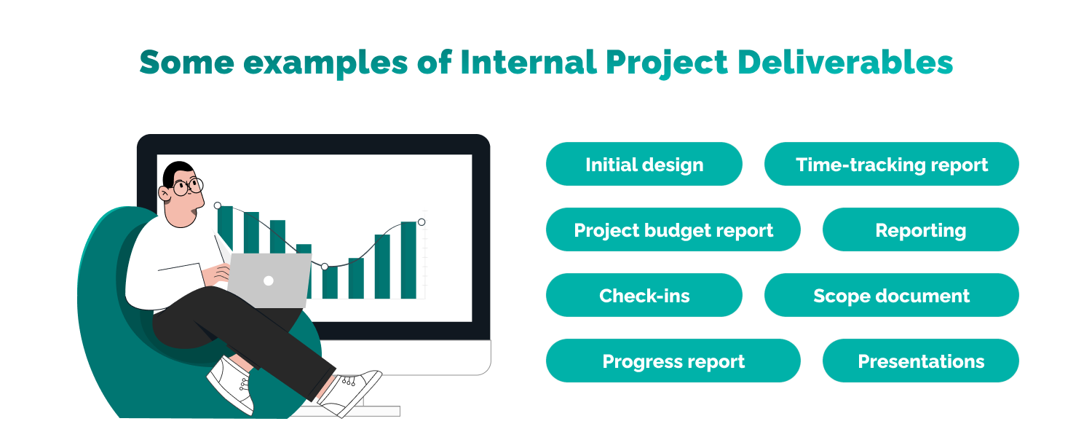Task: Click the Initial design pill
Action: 644,165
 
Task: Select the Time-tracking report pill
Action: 891,165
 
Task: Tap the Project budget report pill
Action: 673,230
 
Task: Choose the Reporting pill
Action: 920,230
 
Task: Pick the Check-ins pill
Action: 644,296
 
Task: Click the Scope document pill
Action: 891,296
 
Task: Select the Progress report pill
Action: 673,361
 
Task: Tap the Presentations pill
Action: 920,361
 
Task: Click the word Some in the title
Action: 186,63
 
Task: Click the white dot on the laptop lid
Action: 268,280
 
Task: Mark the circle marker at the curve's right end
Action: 422,222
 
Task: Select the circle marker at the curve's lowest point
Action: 325,267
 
